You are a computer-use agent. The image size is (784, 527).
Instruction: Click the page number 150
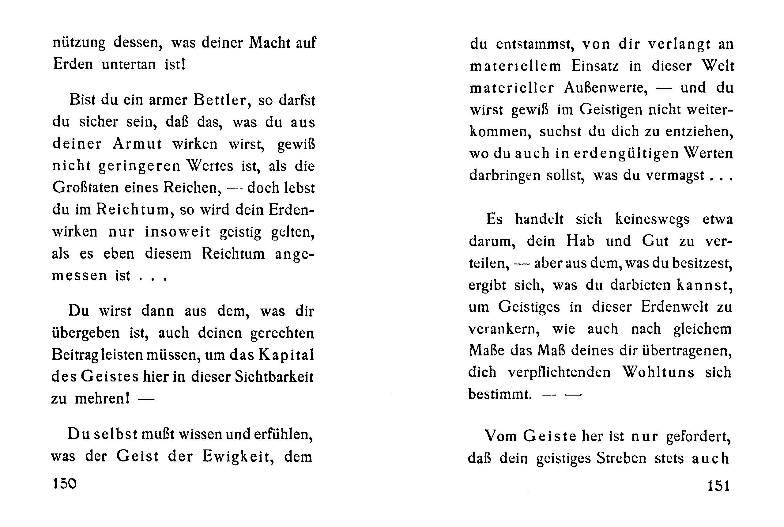coord(65,484)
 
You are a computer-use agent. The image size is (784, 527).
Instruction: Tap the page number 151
coord(718,486)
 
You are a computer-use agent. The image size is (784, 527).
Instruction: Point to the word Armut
coord(137,144)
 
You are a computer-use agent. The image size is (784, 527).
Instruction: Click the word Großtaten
coord(86,188)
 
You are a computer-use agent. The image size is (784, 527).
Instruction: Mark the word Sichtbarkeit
coord(274,377)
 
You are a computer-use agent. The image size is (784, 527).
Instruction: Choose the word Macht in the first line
coord(270,43)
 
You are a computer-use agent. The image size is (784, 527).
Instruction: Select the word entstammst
coord(534,44)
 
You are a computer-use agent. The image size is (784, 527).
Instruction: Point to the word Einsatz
coord(595,66)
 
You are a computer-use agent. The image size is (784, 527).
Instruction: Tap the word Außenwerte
coord(606,88)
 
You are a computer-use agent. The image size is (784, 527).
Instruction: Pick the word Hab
coord(580,241)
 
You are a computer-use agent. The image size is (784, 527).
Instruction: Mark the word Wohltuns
coord(658,372)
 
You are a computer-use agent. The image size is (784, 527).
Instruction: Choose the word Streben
coord(621,458)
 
